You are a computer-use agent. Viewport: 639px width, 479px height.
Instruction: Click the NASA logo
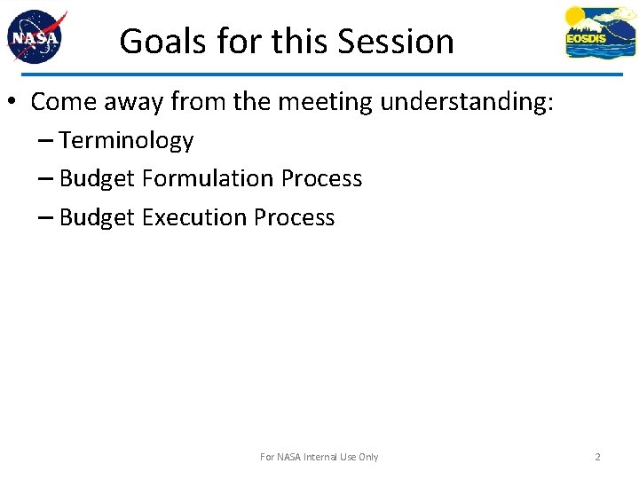(36, 37)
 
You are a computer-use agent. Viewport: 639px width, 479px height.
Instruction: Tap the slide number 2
(597, 457)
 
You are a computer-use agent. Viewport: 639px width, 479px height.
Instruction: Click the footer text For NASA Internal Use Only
(319, 457)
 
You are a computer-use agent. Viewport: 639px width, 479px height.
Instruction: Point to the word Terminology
(126, 141)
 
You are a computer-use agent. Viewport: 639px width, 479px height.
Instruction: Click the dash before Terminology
(45, 141)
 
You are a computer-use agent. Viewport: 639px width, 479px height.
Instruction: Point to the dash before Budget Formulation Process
(45, 179)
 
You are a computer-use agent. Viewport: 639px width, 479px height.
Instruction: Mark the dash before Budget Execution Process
(45, 217)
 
